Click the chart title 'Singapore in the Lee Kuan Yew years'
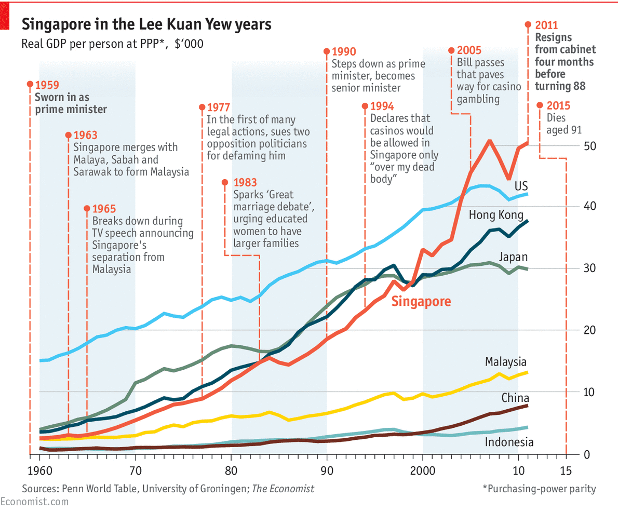146,24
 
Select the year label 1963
86,136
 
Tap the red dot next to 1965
87,209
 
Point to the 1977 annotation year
218,108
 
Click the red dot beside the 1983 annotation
225,182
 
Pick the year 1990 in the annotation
343,52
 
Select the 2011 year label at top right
547,25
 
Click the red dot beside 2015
540,105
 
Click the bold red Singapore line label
421,302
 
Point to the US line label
521,186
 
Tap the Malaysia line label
506,361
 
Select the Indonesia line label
509,442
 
